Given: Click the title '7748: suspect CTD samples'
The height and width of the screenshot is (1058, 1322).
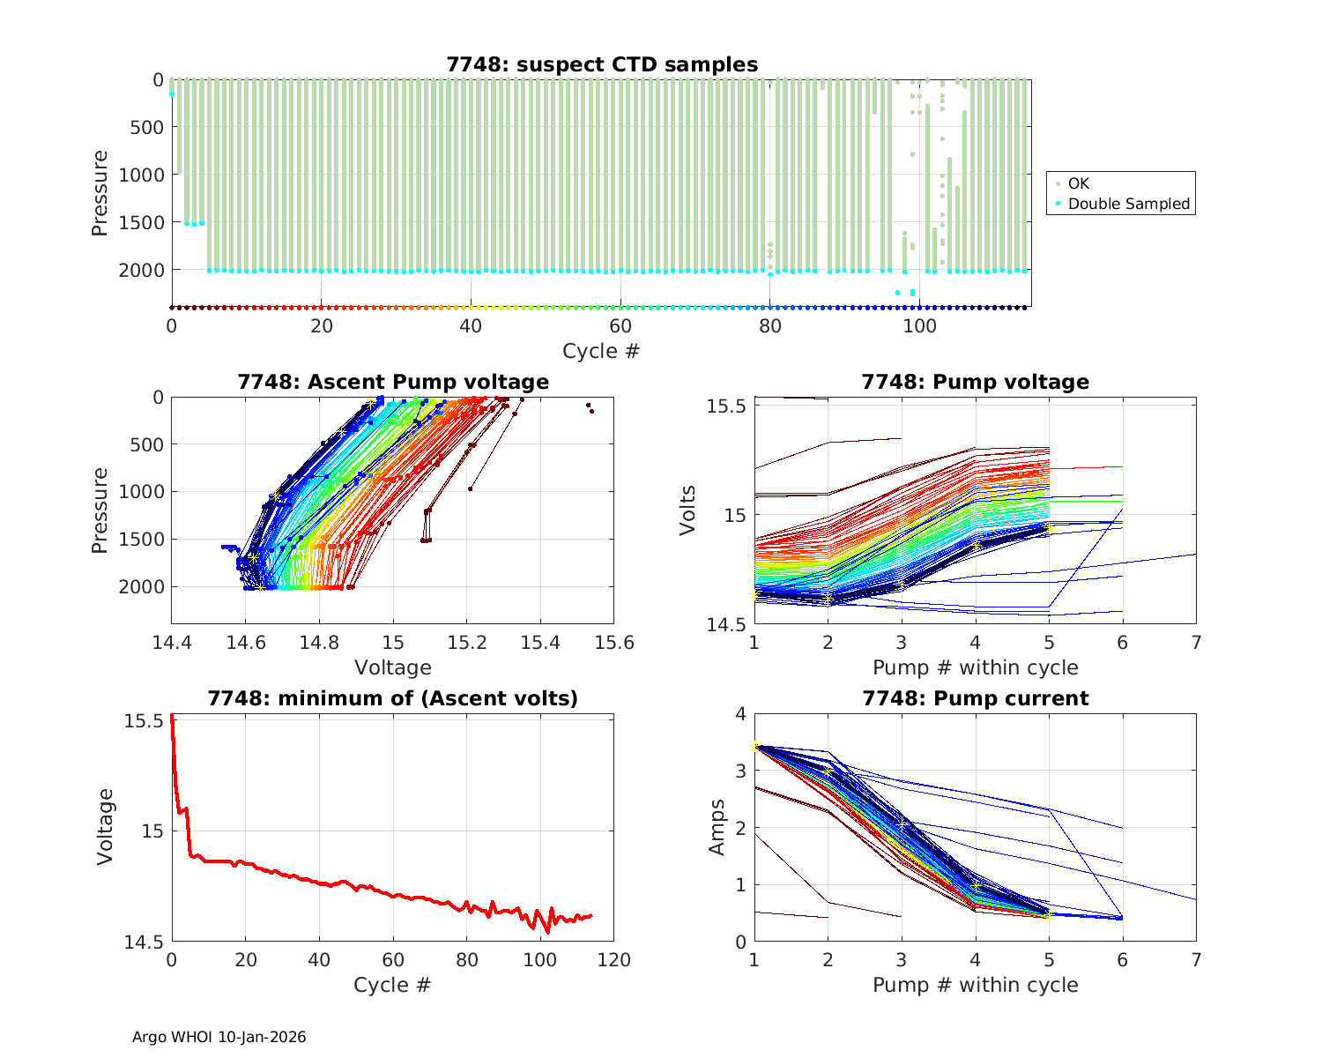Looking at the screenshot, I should click(x=602, y=64).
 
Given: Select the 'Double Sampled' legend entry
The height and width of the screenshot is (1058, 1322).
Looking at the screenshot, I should click(x=1128, y=204).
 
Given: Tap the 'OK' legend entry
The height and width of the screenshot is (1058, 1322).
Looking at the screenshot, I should click(x=1078, y=183).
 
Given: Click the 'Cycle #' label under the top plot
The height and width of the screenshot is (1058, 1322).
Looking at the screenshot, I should click(x=601, y=351).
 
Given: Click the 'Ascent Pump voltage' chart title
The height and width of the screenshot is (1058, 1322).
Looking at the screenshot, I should click(x=393, y=382).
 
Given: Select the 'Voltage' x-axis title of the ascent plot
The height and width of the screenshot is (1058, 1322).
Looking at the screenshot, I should click(x=392, y=667).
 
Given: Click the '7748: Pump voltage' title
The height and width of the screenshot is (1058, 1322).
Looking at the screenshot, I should click(x=975, y=382).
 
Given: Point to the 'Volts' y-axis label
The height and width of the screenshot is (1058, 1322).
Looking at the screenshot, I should click(x=688, y=510).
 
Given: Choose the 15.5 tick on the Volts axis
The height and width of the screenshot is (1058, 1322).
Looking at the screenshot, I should click(x=729, y=406).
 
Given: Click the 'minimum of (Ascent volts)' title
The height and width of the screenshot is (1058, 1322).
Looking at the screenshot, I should click(x=393, y=698).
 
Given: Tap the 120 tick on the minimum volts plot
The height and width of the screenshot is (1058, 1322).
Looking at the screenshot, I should click(x=613, y=960).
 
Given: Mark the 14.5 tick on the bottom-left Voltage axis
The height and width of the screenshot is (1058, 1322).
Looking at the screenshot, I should click(x=143, y=943).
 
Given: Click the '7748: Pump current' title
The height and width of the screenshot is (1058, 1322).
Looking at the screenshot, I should click(x=975, y=698).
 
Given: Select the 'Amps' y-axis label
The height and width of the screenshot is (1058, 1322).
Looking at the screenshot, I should click(x=717, y=827).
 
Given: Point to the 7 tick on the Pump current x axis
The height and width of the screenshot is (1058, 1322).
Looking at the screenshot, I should click(x=1196, y=960).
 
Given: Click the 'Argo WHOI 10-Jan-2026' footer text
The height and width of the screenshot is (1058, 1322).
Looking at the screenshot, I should click(x=219, y=1037).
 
